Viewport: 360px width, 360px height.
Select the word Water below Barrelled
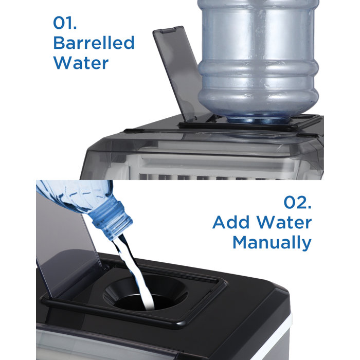point(81,63)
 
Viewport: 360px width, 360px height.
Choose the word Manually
point(272,242)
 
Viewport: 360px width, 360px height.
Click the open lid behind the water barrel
point(177,72)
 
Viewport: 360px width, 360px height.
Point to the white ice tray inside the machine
point(206,165)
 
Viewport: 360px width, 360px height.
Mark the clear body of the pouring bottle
point(72,198)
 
